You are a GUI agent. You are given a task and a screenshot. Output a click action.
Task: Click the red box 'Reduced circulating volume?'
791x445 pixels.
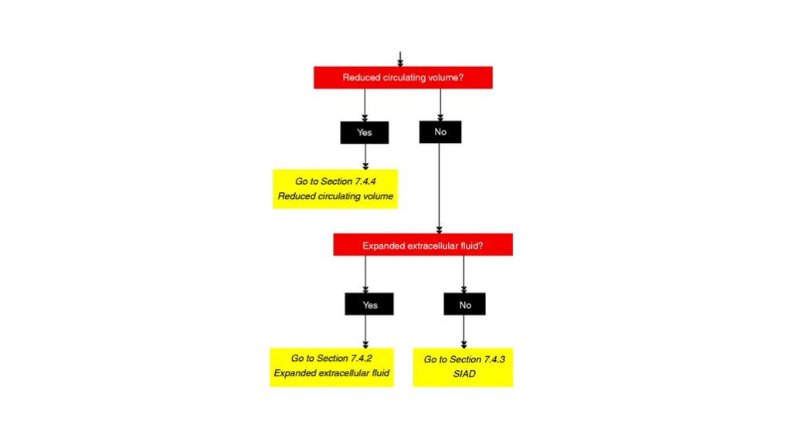pos(402,77)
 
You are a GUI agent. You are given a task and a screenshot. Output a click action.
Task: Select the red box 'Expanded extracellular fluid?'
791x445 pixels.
pos(423,246)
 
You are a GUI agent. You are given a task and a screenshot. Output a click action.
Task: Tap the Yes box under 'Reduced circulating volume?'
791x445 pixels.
pos(365,132)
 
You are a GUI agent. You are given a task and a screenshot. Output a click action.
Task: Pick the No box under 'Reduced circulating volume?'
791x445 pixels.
pos(440,132)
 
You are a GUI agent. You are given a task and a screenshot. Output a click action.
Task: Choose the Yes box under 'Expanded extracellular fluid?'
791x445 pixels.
pos(369,304)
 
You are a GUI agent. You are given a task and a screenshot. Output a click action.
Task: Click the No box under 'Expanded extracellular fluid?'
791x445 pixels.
pos(464,304)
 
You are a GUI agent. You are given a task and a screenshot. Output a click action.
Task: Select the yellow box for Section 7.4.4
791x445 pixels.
pos(335,189)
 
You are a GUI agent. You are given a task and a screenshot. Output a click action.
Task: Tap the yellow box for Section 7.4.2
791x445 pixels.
pos(331,366)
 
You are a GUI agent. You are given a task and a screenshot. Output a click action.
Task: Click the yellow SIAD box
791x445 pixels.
pos(463,367)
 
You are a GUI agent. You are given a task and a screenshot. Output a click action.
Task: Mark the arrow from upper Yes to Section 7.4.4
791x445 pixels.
pos(365,156)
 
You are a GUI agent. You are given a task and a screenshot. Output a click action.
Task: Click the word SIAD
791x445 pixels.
pos(464,374)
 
